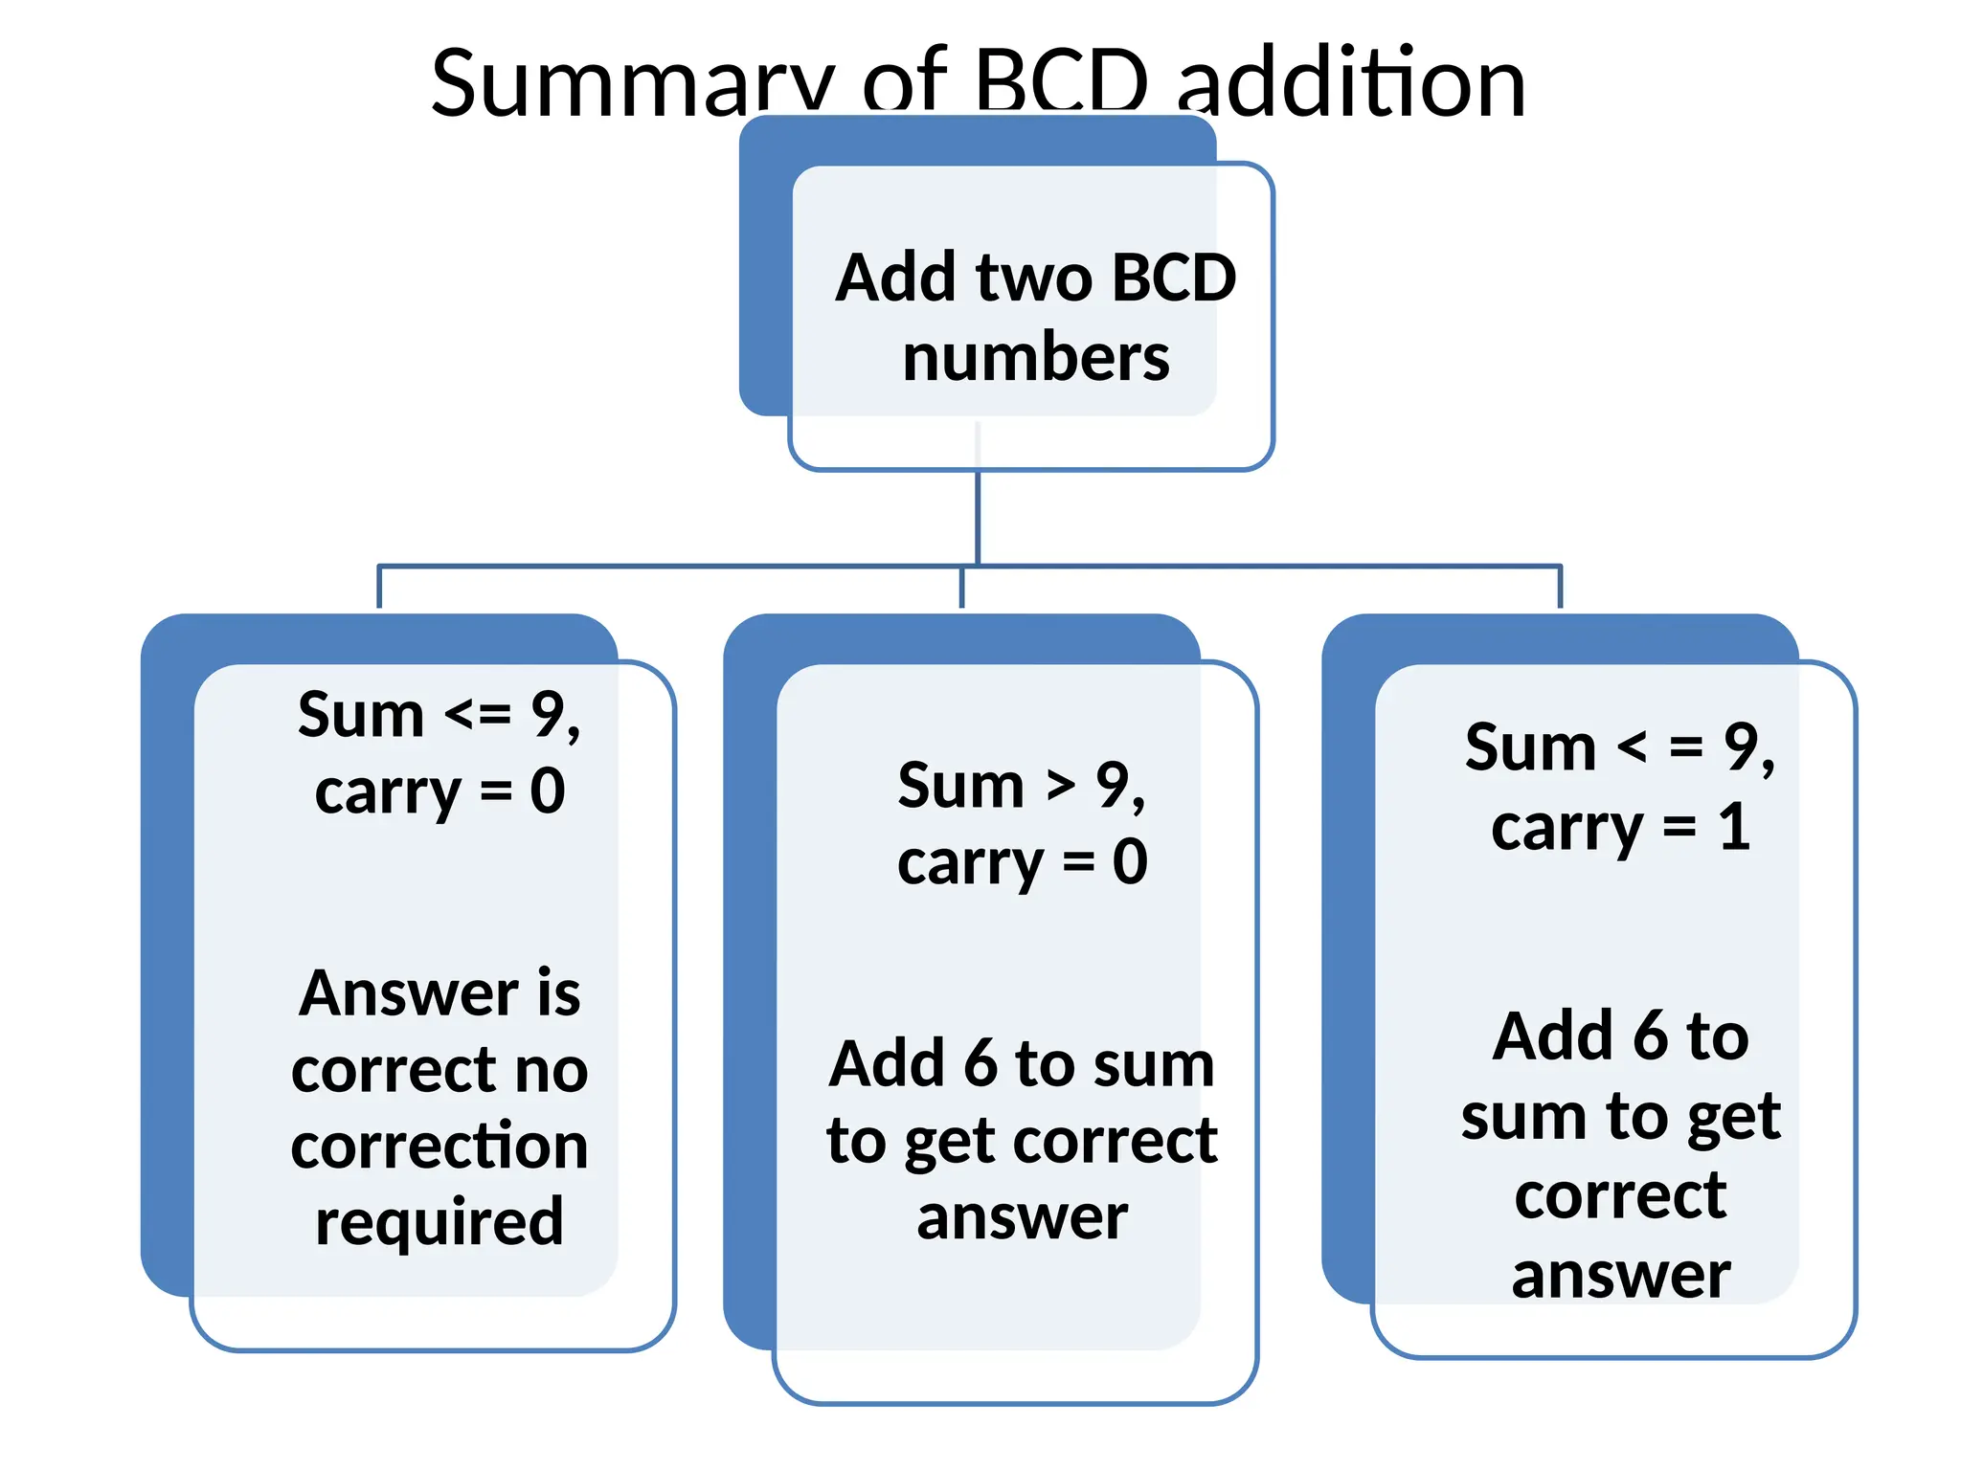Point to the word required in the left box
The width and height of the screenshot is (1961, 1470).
(x=440, y=1222)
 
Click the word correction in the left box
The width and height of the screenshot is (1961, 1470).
(x=440, y=1146)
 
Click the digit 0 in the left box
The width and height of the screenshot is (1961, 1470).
(x=548, y=791)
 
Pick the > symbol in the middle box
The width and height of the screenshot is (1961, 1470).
(x=1060, y=786)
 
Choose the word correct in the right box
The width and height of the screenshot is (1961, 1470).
(x=1620, y=1195)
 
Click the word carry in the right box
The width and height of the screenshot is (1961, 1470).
(x=1567, y=829)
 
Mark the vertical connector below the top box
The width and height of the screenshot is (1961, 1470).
(x=978, y=517)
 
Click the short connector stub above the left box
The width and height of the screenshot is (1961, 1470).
(x=379, y=587)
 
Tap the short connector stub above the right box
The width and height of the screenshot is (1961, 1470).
(x=1561, y=587)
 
